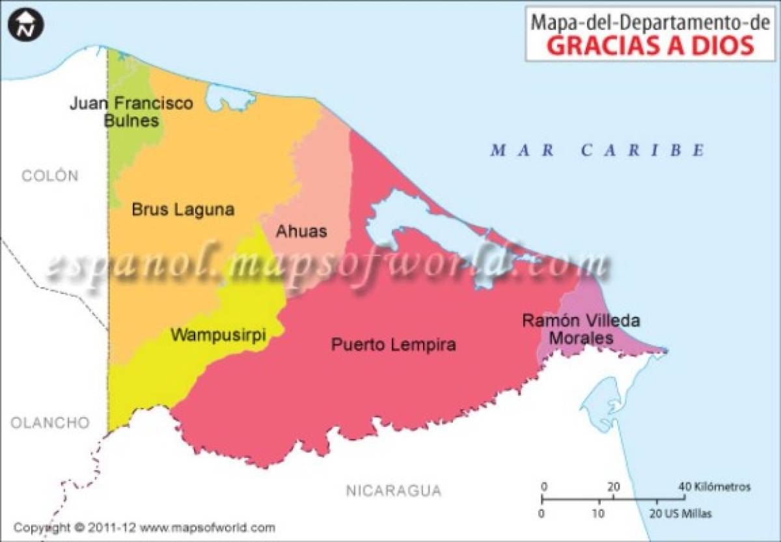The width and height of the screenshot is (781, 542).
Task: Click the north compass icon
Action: click(25, 25)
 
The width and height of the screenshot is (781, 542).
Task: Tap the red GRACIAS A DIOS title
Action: click(641, 46)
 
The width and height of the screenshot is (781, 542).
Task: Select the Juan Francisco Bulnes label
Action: click(131, 112)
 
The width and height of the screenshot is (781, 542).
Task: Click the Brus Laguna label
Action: click(183, 210)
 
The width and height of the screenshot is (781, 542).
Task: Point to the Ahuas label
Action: click(301, 231)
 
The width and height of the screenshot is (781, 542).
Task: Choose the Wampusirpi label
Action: click(218, 335)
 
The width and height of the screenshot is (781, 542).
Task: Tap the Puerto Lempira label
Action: click(394, 344)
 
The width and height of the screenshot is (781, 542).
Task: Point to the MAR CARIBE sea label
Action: click(597, 150)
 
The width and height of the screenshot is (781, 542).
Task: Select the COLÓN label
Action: click(49, 176)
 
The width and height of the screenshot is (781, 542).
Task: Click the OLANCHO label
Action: click(49, 423)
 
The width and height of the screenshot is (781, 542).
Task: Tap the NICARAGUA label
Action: click(393, 491)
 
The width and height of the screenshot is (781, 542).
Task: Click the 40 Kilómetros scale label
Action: click(714, 487)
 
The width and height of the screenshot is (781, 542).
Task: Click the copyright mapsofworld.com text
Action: click(144, 528)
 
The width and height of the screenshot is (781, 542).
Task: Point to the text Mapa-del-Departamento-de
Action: click(641, 21)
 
